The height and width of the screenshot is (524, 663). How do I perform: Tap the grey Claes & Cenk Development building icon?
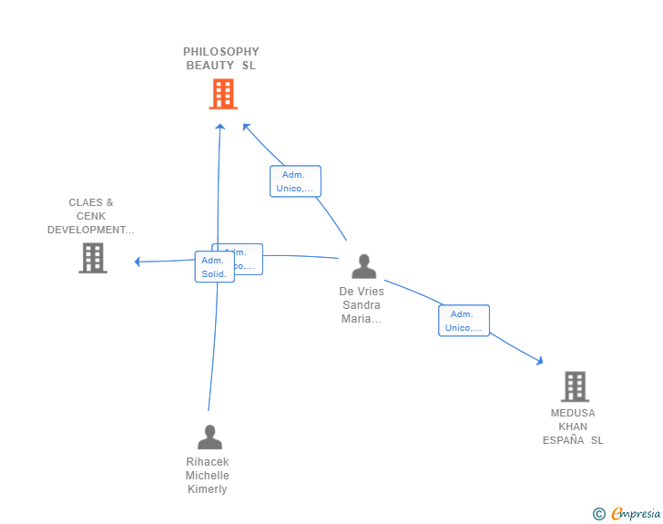(x=93, y=258)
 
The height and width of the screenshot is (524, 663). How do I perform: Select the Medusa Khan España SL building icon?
(x=575, y=386)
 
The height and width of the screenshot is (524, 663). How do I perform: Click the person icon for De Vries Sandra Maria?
(x=363, y=266)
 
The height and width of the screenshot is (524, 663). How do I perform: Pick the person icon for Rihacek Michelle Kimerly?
(x=209, y=437)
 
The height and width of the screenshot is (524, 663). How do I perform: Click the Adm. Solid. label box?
(x=214, y=267)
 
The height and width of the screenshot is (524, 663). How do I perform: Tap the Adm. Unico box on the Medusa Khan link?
(x=464, y=321)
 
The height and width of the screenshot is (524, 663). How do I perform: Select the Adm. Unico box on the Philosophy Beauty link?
(x=294, y=181)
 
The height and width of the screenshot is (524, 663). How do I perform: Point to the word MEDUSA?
(x=573, y=413)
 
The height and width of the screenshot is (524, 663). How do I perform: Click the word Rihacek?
(x=208, y=462)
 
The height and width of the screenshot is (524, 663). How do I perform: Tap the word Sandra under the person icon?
(x=362, y=305)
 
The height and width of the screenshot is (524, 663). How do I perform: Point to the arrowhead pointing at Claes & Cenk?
(x=137, y=262)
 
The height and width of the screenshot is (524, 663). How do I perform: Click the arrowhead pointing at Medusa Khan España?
(x=540, y=362)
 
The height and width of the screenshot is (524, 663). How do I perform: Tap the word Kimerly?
(x=208, y=489)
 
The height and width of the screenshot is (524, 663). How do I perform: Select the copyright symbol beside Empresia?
(x=598, y=514)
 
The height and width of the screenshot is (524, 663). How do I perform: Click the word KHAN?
(x=573, y=426)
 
